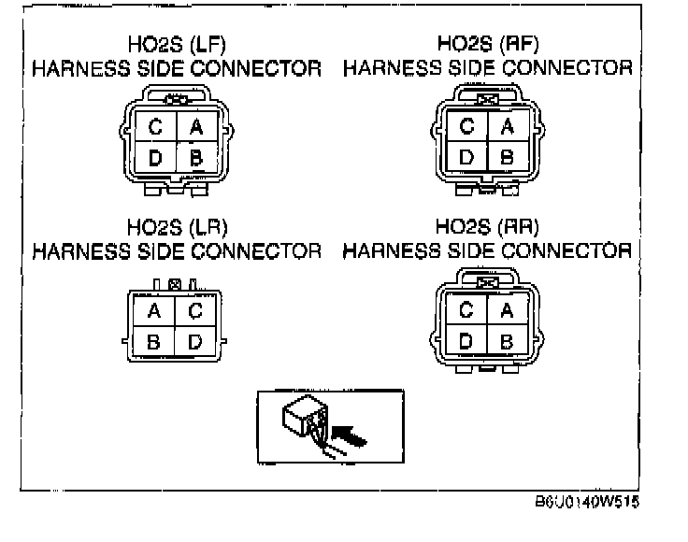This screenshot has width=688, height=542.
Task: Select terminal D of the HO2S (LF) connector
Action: coord(155,158)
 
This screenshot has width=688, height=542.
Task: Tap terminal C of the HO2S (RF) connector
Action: coord(466,126)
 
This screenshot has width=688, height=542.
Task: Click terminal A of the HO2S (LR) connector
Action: coord(154,310)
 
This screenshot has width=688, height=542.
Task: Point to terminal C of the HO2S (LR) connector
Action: coord(194,310)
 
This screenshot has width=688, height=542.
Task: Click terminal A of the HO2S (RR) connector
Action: coord(507,309)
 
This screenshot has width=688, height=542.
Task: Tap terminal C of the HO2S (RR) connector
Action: coord(466,309)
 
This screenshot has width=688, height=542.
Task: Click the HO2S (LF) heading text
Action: coord(177,44)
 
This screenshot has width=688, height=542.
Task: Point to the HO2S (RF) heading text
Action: coord(488,43)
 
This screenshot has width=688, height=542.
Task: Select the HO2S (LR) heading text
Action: coord(177,227)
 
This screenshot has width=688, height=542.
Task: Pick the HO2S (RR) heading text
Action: coord(488,227)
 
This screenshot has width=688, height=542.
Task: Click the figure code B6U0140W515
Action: coord(587,503)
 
